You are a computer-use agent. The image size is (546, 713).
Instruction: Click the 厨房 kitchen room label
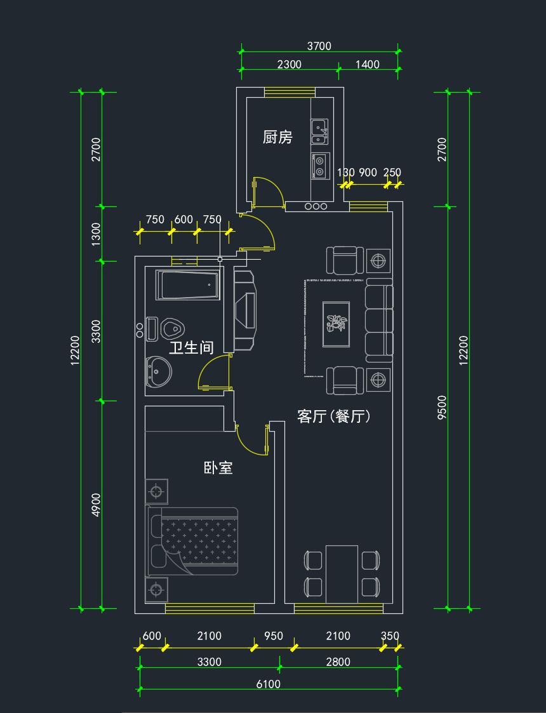[277, 137]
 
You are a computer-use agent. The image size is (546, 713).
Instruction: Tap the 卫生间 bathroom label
[190, 348]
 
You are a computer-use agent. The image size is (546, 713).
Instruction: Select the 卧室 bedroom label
[218, 469]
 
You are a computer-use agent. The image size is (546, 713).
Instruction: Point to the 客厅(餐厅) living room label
[334, 416]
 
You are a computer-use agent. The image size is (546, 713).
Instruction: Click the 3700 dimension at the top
[319, 46]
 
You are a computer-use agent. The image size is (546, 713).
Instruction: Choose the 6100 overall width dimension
[267, 684]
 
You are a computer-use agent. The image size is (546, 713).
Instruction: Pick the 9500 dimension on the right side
[443, 406]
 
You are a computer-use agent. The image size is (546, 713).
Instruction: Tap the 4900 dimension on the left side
[95, 505]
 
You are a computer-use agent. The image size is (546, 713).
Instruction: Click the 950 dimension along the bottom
[273, 636]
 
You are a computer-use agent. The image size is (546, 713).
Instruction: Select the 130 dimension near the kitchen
[345, 173]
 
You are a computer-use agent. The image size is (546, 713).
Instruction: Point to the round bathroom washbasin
[158, 371]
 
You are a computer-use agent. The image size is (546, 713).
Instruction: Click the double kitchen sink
[319, 131]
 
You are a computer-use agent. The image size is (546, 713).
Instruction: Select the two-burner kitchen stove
[319, 165]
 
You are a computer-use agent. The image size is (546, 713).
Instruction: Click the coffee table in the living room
[336, 323]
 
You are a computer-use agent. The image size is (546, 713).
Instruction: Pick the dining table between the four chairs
[342, 573]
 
